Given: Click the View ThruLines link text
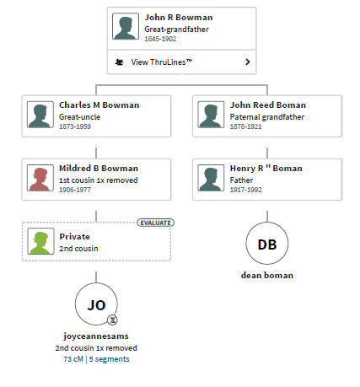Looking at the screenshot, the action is point(162,62).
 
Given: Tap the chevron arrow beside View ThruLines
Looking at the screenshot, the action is point(248,62).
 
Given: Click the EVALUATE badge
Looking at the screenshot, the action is point(155,223).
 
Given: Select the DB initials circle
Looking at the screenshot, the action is point(267,243).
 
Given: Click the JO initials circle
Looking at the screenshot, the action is point(96,304).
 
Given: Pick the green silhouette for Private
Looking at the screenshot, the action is point(40,241).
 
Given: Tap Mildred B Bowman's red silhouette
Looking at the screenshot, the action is point(40,178).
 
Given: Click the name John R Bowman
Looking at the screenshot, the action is point(179,18).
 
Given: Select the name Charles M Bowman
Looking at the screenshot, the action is point(99,105).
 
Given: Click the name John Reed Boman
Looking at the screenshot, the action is point(268,105).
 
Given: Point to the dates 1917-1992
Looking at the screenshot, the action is point(245,190).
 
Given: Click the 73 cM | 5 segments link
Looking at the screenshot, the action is point(96,359).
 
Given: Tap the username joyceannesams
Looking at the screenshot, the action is point(96,336).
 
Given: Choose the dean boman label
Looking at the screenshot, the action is point(267,275).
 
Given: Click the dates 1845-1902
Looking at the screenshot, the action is point(160,39).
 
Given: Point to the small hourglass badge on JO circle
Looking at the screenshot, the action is point(112,320).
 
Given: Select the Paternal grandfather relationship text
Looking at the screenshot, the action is point(267,117).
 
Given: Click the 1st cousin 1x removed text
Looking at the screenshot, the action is point(99,180).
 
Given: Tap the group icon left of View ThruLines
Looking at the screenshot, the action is point(119,62).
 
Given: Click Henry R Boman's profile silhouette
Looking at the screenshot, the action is point(211,178).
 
